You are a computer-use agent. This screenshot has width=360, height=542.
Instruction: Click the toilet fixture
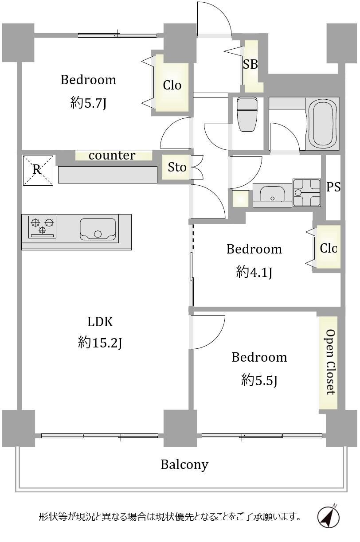tap(247, 114)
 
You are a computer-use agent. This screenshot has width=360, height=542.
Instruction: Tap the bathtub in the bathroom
tap(322, 123)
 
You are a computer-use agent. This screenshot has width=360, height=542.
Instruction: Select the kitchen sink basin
tap(98, 229)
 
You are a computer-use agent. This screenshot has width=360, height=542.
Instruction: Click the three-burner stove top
tap(43, 227)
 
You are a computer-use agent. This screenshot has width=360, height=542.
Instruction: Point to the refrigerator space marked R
tap(38, 170)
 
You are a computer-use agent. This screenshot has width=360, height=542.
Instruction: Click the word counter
tap(112, 156)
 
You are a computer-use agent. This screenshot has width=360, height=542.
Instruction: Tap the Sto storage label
tap(177, 167)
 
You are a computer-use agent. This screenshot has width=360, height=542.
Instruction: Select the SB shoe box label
tap(250, 64)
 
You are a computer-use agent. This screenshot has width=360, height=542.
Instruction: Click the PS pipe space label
tap(333, 187)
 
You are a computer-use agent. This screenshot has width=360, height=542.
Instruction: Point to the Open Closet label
tap(330, 362)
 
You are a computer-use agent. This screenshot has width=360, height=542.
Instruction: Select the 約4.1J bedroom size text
tap(254, 272)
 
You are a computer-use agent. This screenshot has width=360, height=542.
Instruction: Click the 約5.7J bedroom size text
tap(88, 103)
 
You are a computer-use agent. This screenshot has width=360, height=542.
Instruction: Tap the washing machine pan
tap(307, 193)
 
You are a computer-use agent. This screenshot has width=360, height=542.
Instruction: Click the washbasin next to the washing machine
tap(272, 195)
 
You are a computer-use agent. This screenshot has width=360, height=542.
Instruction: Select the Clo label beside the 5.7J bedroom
tap(172, 85)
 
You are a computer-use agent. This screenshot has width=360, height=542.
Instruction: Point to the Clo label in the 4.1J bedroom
tap(328, 248)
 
